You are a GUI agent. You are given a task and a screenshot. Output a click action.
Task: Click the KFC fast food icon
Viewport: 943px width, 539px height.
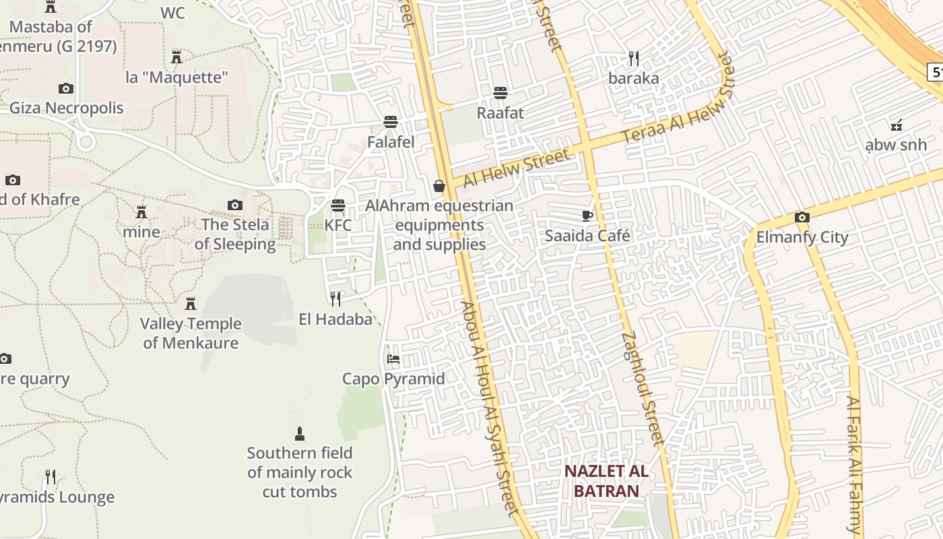pyautogui.click(x=337, y=205)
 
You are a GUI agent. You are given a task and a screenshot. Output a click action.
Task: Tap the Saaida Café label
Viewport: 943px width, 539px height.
pyautogui.click(x=587, y=236)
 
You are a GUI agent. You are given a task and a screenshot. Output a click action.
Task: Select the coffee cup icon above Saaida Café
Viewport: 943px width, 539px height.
pyautogui.click(x=587, y=216)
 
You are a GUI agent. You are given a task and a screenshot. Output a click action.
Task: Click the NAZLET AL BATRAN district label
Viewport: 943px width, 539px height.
pyautogui.click(x=606, y=480)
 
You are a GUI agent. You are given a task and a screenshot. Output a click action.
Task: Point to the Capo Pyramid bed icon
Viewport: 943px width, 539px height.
pyautogui.click(x=393, y=359)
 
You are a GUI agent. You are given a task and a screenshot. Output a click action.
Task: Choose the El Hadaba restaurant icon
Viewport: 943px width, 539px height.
pyautogui.click(x=335, y=298)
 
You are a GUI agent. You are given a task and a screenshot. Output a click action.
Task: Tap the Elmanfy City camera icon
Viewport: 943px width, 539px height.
pyautogui.click(x=802, y=217)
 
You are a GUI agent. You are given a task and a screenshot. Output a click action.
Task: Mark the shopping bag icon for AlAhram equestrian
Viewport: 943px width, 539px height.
pyautogui.click(x=439, y=186)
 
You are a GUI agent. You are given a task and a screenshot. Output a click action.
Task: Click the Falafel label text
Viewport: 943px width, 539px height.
pyautogui.click(x=391, y=142)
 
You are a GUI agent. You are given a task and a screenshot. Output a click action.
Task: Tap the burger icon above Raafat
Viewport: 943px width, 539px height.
pyautogui.click(x=500, y=93)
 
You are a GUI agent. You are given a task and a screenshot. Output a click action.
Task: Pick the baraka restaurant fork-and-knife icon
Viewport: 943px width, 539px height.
pyautogui.click(x=633, y=59)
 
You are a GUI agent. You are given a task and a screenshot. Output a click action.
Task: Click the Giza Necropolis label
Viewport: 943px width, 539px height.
pyautogui.click(x=66, y=108)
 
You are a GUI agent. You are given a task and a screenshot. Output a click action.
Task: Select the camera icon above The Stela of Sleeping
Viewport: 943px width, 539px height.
pyautogui.click(x=234, y=205)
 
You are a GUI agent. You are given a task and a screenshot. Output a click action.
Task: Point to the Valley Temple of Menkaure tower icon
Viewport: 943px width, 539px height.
pyautogui.click(x=191, y=304)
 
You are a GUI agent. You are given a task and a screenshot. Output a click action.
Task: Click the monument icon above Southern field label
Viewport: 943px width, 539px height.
pyautogui.click(x=300, y=433)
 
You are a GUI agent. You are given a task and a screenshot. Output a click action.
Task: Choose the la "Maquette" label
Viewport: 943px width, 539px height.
pyautogui.click(x=176, y=77)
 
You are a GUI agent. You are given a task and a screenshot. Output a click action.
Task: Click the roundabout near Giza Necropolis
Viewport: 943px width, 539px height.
pyautogui.click(x=85, y=141)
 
